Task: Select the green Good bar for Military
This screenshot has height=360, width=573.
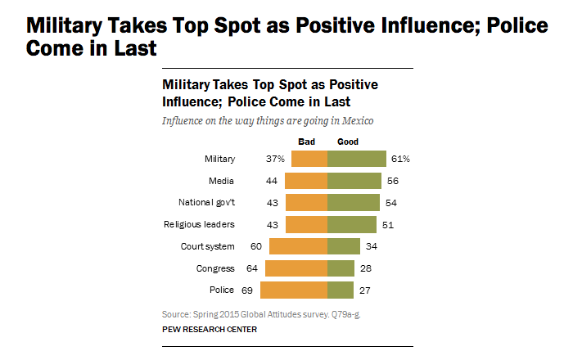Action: click(x=357, y=159)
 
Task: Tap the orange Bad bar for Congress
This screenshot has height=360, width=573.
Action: click(x=296, y=268)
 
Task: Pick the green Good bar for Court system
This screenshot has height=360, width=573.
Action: click(x=344, y=246)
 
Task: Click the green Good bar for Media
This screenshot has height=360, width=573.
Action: click(x=354, y=181)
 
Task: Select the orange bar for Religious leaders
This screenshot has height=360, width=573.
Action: click(x=306, y=224)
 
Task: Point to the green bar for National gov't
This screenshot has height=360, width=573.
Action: click(x=354, y=203)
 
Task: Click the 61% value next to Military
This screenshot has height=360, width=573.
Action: click(x=399, y=159)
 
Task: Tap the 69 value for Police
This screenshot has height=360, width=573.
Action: click(x=245, y=290)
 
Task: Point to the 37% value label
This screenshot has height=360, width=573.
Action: click(x=276, y=159)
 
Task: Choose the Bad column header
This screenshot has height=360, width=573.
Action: click(x=306, y=141)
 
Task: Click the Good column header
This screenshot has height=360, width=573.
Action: click(x=348, y=141)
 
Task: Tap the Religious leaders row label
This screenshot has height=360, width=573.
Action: click(x=201, y=224)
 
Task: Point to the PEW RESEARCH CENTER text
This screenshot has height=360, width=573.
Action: click(x=210, y=329)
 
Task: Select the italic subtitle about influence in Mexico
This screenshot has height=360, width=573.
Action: click(x=268, y=120)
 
